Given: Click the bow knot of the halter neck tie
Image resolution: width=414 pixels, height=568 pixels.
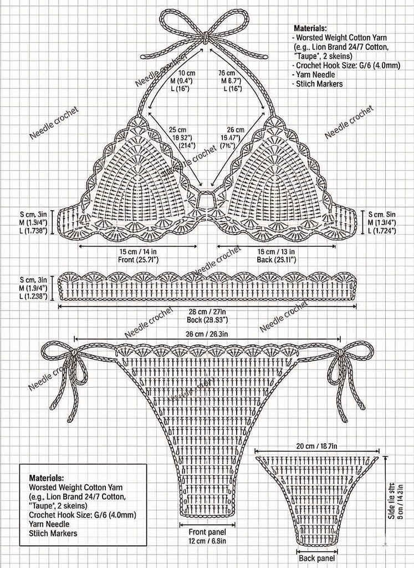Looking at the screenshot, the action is [206, 37].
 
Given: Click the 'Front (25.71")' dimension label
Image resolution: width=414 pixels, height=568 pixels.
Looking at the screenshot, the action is [138, 259].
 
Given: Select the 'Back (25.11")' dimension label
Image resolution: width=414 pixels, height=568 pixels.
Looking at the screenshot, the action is [275, 259].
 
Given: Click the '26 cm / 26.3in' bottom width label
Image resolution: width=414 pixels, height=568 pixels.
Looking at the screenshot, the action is [207, 334].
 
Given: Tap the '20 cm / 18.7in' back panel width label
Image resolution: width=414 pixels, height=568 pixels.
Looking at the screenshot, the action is [317, 446].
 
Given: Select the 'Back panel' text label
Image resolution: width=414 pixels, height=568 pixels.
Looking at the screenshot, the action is [316, 559].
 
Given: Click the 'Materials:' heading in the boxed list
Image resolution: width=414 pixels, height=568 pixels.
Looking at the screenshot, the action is [46, 477].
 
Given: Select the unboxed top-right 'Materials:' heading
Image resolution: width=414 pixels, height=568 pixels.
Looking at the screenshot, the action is [310, 27].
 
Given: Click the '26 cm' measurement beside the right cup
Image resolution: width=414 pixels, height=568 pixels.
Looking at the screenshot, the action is [236, 130].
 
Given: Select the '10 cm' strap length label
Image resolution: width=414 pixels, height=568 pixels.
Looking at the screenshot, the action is [187, 73].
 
